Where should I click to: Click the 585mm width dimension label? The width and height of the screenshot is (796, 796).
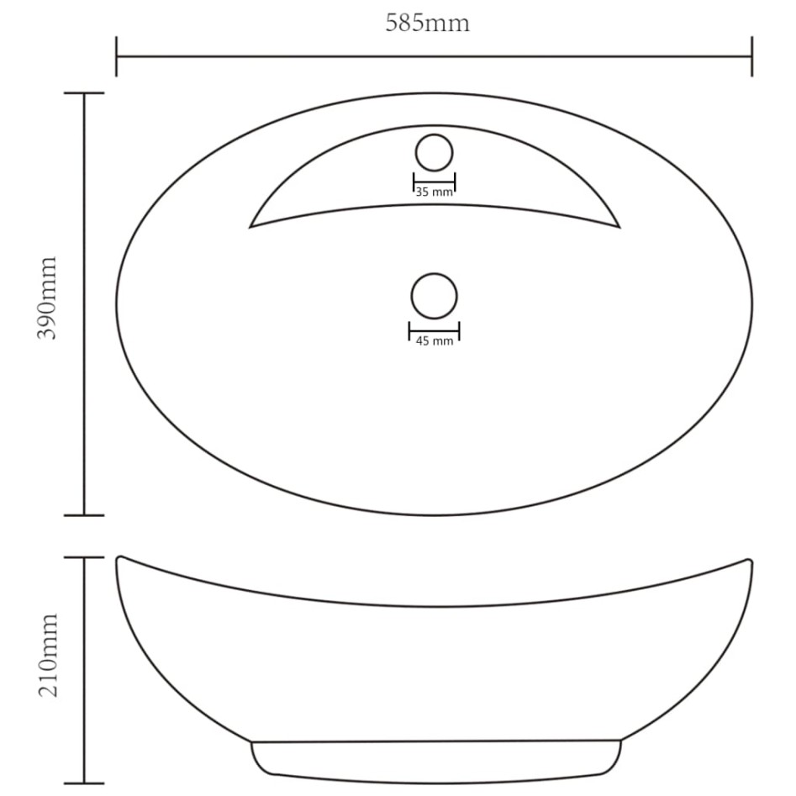(x=427, y=24)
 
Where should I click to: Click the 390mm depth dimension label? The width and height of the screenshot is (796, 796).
(x=45, y=298)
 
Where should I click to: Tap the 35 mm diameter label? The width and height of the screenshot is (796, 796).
(x=434, y=192)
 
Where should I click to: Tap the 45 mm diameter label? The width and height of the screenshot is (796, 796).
(x=434, y=340)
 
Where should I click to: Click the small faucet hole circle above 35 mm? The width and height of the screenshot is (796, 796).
(x=434, y=152)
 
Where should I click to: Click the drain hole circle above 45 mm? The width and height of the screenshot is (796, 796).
(x=434, y=296)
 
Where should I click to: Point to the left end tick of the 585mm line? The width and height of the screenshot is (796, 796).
(x=116, y=56)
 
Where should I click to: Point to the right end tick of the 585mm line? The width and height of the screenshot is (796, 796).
(x=751, y=56)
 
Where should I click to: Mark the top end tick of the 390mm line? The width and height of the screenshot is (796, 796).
(x=84, y=93)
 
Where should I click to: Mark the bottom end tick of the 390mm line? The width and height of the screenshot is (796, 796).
(x=84, y=515)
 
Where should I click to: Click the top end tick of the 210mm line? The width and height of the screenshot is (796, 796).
(x=84, y=557)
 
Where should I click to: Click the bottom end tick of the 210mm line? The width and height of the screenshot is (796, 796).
(x=84, y=783)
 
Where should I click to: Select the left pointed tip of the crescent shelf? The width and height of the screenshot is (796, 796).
(x=251, y=226)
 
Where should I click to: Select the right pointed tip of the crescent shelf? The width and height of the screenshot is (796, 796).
(x=618, y=226)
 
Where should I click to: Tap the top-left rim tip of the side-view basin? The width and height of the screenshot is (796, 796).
(x=119, y=558)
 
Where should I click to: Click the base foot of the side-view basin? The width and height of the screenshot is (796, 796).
(x=435, y=761)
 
